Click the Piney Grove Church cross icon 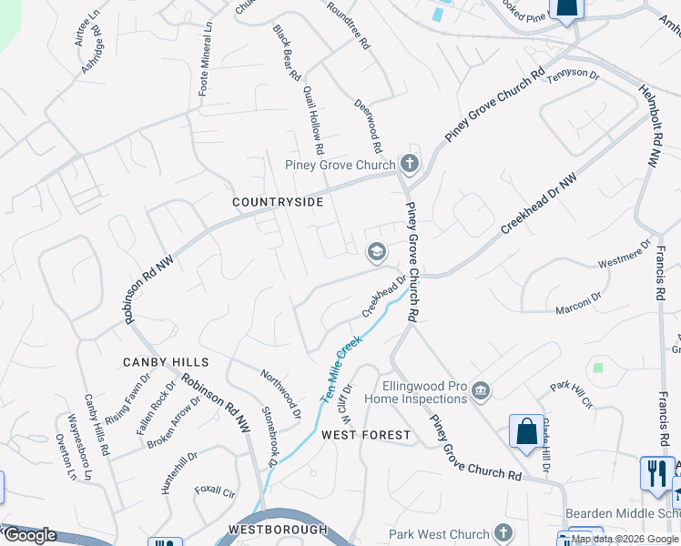(x=410, y=165)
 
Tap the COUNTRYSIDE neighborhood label (x=278, y=201)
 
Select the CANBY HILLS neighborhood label (x=160, y=362)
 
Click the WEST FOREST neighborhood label (x=366, y=435)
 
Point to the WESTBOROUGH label (x=277, y=529)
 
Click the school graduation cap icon (x=375, y=252)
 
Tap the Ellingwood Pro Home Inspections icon (x=481, y=392)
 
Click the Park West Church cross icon (x=503, y=533)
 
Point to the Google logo (x=30, y=535)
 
